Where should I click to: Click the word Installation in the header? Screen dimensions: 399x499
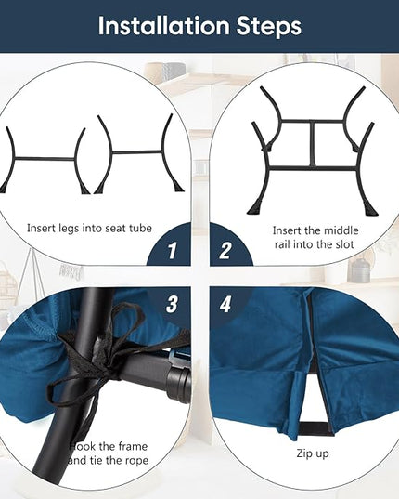pos(164,26)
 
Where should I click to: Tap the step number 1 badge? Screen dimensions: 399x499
pos(172,251)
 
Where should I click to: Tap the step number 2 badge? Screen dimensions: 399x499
pos(225,251)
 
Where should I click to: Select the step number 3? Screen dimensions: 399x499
pos(172,304)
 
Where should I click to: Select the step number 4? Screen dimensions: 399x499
pos(225,304)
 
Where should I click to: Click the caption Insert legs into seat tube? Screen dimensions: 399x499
pos(89,229)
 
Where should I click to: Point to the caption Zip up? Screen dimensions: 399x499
pos(313,453)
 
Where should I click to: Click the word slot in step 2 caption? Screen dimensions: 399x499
pos(342,244)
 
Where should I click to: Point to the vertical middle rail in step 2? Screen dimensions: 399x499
pos(313,144)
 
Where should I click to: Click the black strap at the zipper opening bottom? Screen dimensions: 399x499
pos(315,428)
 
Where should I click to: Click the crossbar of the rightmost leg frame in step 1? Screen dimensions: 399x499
pos(137,152)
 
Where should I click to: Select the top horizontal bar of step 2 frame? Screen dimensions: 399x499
pos(313,121)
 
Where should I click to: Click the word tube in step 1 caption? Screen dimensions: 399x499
pos(141,229)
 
